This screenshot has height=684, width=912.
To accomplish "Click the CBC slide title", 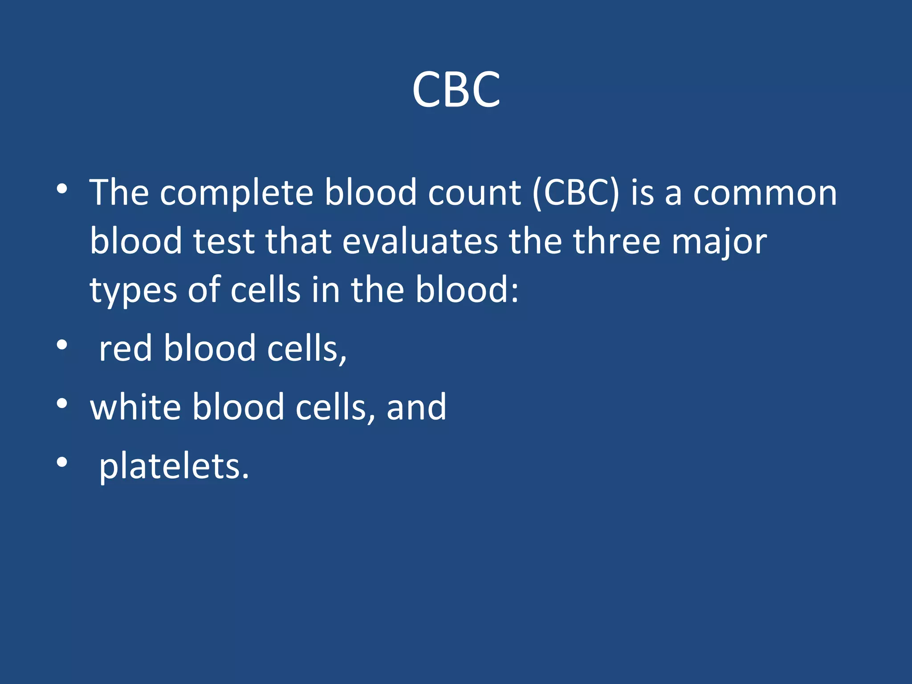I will pos(456,90).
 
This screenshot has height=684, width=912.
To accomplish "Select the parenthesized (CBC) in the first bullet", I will pos(575,193).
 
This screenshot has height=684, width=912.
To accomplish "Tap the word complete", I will pos(236,193).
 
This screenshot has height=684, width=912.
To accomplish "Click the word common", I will pos(765,193).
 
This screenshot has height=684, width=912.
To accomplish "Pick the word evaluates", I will pos(420,241).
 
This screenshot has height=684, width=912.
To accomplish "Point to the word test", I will pos(224,241).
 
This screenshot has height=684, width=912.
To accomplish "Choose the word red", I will pos(125,348).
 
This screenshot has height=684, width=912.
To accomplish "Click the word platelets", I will pos(174,466).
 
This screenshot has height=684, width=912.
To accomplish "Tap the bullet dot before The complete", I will pos(62,189).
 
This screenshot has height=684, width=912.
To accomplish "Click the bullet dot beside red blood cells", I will pos(62,345).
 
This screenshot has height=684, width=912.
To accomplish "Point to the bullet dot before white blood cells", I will pos(62,403).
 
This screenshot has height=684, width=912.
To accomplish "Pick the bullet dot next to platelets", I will pos(62,462).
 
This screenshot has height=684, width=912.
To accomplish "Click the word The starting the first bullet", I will pos(119,193).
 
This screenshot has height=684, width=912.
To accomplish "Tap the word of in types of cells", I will pos(204,290).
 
